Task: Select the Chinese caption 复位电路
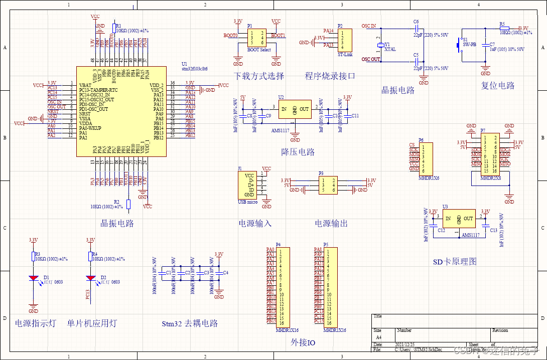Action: pyautogui.click(x=498, y=85)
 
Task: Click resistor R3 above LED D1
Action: pyautogui.click(x=34, y=257)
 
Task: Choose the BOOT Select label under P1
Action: pyautogui.click(x=258, y=50)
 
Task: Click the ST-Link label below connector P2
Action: pyautogui.click(x=345, y=54)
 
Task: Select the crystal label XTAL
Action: pyautogui.click(x=390, y=49)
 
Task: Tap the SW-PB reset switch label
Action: pyautogui.click(x=469, y=44)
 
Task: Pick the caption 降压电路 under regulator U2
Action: pyautogui.click(x=298, y=152)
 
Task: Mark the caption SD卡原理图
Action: pyautogui.click(x=455, y=261)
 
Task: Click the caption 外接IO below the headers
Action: pyautogui.click(x=303, y=342)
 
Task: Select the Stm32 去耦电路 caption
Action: pyautogui.click(x=190, y=323)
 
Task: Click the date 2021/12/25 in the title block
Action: pyautogui.click(x=405, y=344)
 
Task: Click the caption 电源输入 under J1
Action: pyautogui.click(x=255, y=224)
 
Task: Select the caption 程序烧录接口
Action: pyautogui.click(x=330, y=76)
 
